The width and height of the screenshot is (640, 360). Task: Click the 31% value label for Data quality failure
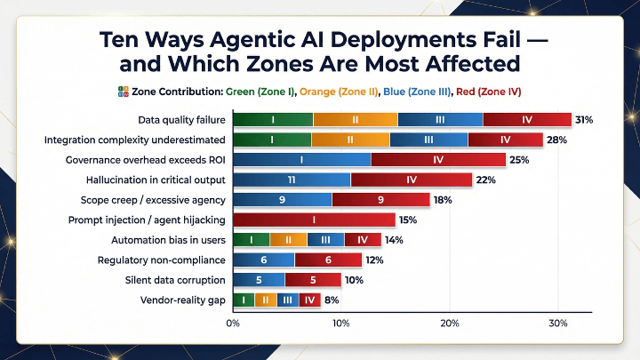pos(584,120)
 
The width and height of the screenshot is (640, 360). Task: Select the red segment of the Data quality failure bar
pos(526,120)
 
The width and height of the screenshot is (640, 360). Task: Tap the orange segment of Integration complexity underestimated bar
pos(350,140)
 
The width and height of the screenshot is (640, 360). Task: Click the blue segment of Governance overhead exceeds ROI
pos(302,160)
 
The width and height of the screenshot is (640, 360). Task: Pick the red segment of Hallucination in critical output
pos(412,180)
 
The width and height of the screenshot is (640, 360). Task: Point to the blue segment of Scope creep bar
pos(282,200)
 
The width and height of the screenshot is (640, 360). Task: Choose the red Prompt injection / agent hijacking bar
pos(314,220)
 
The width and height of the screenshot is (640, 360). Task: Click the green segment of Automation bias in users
pos(252,240)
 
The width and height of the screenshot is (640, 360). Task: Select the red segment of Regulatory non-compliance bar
pos(328,260)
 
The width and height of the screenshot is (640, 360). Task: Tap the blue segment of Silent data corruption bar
pos(259,280)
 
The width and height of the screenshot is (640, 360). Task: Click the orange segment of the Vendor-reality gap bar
pos(265,300)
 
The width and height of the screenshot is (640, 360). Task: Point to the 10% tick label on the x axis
pos(341,324)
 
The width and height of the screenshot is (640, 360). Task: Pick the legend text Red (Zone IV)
pos(488,92)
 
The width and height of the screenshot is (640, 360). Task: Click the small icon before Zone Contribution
pos(123,92)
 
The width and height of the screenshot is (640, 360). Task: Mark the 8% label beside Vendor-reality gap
pos(332,300)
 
